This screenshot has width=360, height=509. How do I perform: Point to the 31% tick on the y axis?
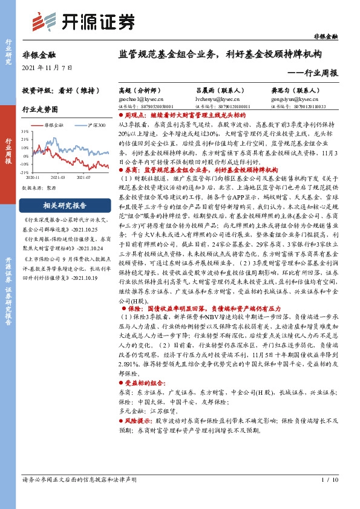tap(25, 131)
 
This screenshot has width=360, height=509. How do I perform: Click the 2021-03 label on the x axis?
tap(59, 178)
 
